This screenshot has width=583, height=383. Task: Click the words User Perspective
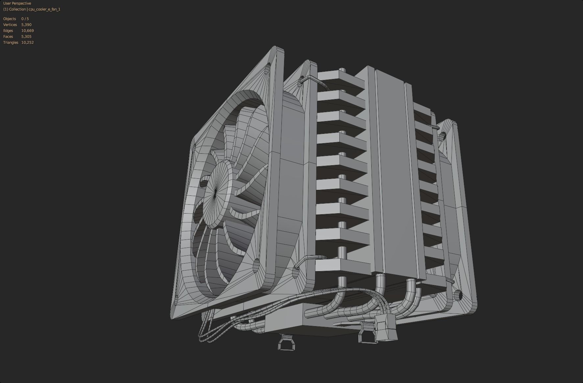(17, 3)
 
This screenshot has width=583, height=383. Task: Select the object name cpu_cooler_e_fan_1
(44, 9)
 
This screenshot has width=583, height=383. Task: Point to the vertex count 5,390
(26, 25)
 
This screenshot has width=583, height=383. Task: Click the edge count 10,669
(28, 31)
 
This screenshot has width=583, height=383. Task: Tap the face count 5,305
(26, 37)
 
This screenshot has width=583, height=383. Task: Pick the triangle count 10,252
(28, 42)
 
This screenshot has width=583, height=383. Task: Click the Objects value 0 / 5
(25, 19)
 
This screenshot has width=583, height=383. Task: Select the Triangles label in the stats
(11, 42)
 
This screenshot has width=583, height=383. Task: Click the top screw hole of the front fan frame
(268, 68)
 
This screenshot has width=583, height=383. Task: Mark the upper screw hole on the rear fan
(443, 135)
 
